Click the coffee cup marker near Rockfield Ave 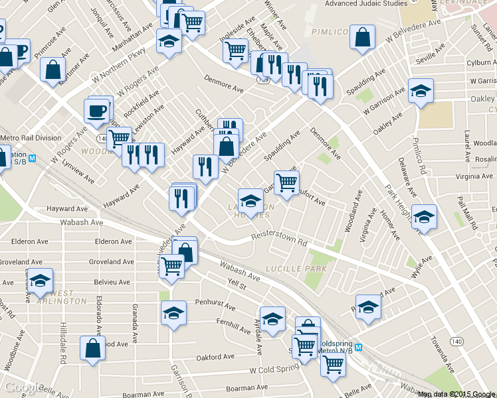(x=97, y=110)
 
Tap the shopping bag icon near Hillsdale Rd (x=92, y=348)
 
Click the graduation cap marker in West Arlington (x=41, y=281)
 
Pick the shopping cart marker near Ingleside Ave (x=235, y=50)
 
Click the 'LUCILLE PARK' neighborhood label (x=296, y=269)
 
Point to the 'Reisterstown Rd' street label (x=279, y=239)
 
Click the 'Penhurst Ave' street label (x=215, y=307)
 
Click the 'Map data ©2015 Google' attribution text (x=456, y=394)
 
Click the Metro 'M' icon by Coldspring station (x=359, y=348)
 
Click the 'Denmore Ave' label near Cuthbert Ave (x=224, y=86)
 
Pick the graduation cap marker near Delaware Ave (x=423, y=216)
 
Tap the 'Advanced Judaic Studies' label (x=365, y=4)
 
